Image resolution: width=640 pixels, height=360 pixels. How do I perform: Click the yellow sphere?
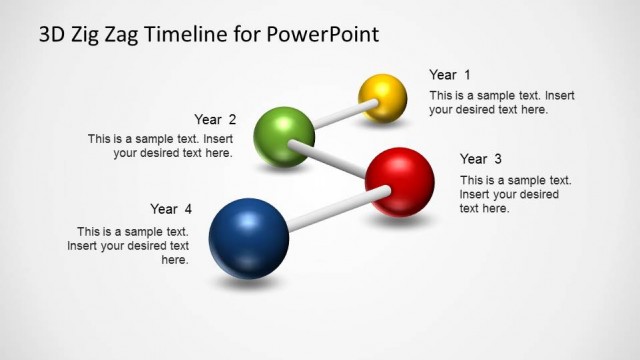(383, 97)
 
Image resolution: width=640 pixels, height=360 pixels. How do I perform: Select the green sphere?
(284, 135)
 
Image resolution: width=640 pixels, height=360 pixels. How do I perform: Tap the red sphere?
(399, 181)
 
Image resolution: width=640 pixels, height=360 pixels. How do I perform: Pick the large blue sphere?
(248, 238)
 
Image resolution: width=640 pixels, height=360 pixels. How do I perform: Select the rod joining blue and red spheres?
(326, 213)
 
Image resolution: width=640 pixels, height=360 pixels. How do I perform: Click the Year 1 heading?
(449, 75)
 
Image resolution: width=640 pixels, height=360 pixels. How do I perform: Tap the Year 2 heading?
(215, 119)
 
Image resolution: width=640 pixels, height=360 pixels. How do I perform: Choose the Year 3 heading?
(480, 159)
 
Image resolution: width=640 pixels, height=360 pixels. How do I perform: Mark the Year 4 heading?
(170, 209)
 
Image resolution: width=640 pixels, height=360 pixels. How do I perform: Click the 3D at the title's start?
(53, 36)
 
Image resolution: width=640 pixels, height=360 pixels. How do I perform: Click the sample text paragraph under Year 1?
(502, 102)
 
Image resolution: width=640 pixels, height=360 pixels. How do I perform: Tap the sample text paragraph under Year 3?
(515, 194)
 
